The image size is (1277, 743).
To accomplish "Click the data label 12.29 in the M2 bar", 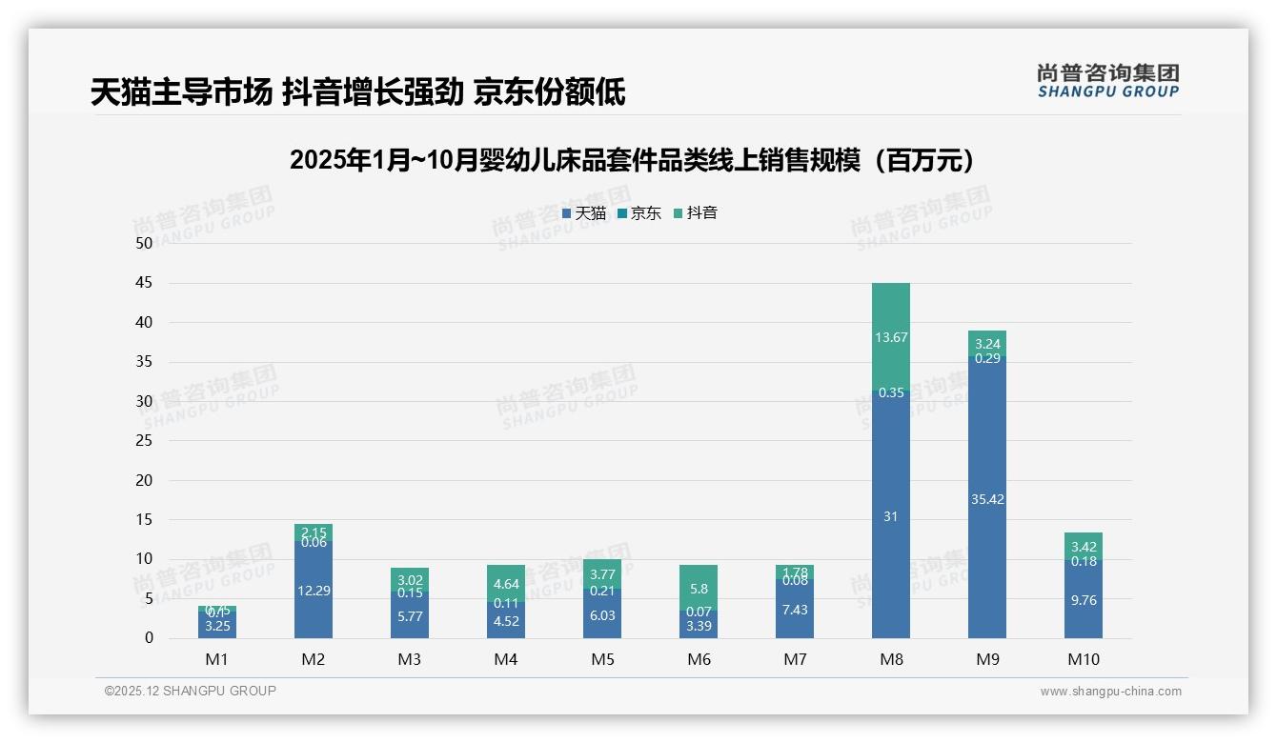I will pyautogui.click(x=314, y=591).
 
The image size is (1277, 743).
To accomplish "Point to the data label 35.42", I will pyautogui.click(x=987, y=499).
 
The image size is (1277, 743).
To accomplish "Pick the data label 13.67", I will pyautogui.click(x=890, y=337).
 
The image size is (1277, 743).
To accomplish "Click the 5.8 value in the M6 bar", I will pyautogui.click(x=699, y=590).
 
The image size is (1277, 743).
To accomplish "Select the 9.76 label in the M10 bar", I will pyautogui.click(x=1084, y=601).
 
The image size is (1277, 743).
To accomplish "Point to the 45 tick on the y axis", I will pyautogui.click(x=144, y=283).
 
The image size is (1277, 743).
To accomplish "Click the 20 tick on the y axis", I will pyautogui.click(x=144, y=480).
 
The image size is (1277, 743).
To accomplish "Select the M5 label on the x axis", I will pyautogui.click(x=602, y=659).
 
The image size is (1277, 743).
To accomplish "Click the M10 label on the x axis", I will pyautogui.click(x=1084, y=659).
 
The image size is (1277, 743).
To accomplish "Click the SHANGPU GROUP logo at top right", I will pyautogui.click(x=1107, y=81).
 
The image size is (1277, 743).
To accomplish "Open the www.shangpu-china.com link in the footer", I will pyautogui.click(x=1110, y=692).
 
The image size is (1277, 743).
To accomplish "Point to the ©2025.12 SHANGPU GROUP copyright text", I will pyautogui.click(x=191, y=691).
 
